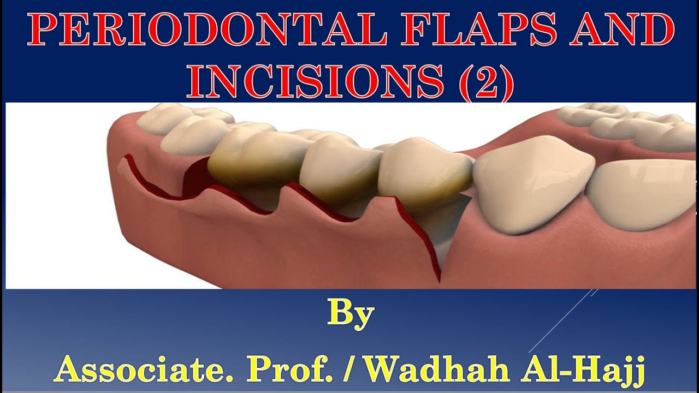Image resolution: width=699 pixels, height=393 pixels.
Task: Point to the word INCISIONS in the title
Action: click(x=315, y=82)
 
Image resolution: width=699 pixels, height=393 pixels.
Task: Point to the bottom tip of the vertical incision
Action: click(x=439, y=281)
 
